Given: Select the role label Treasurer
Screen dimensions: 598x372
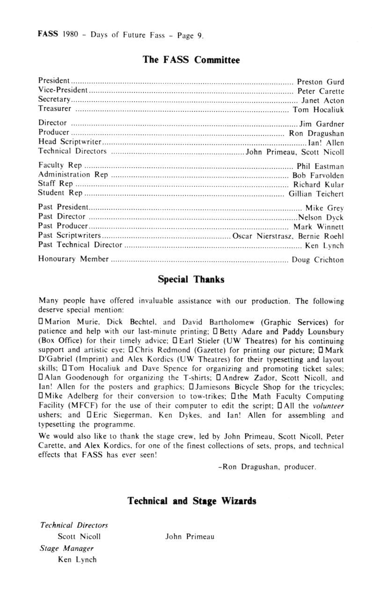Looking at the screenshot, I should tap(55, 109).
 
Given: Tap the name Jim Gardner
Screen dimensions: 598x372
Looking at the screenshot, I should tap(322, 124).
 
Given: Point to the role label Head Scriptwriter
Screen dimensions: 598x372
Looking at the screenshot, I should tap(70, 142).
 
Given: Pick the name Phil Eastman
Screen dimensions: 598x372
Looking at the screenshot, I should tap(321, 166).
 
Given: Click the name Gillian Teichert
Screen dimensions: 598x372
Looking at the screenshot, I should tap(316, 193).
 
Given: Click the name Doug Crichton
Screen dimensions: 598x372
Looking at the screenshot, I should tap(318, 260).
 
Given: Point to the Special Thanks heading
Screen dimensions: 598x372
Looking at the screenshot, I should tap(191, 279).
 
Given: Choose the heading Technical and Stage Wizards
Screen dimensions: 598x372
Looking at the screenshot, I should tap(192, 501).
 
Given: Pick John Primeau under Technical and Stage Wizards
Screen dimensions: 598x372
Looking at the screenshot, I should tap(190, 537).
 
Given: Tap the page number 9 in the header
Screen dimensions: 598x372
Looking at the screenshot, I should tap(199, 36).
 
